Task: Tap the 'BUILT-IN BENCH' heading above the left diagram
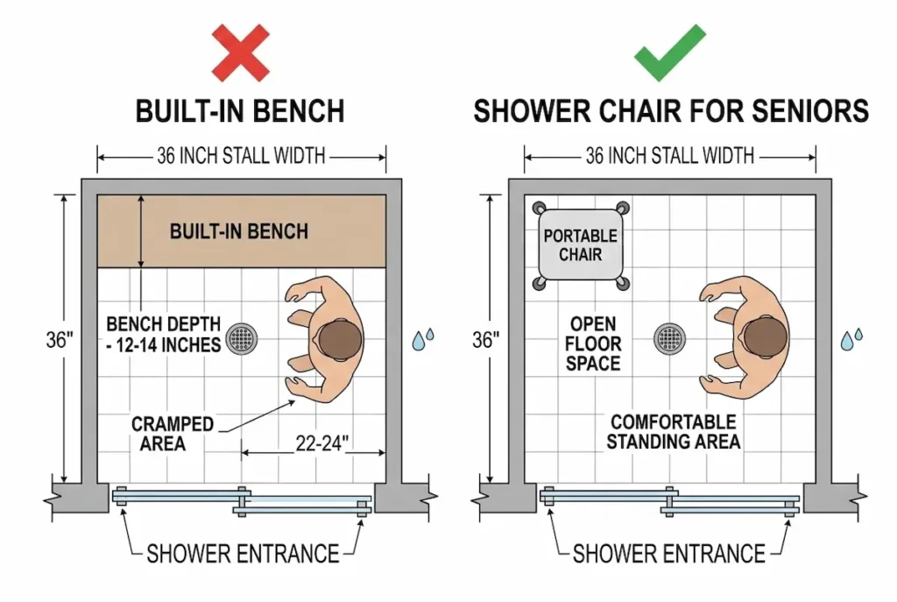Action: pos(239,111)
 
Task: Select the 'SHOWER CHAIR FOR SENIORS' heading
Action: pos(671,111)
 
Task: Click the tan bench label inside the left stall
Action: pos(239,231)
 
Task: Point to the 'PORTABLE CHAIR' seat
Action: pos(580,245)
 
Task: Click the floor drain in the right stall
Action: pos(670,338)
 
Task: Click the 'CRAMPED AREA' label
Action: pos(173,434)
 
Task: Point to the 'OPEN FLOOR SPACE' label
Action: pos(592,343)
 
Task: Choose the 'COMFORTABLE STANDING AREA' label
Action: pos(673,432)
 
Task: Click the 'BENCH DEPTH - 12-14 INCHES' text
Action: pos(164,334)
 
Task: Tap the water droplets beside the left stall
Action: pos(424,339)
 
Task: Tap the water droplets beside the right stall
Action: pos(851,339)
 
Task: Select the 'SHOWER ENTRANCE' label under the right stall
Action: pos(669,554)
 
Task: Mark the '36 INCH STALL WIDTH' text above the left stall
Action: pos(241,157)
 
